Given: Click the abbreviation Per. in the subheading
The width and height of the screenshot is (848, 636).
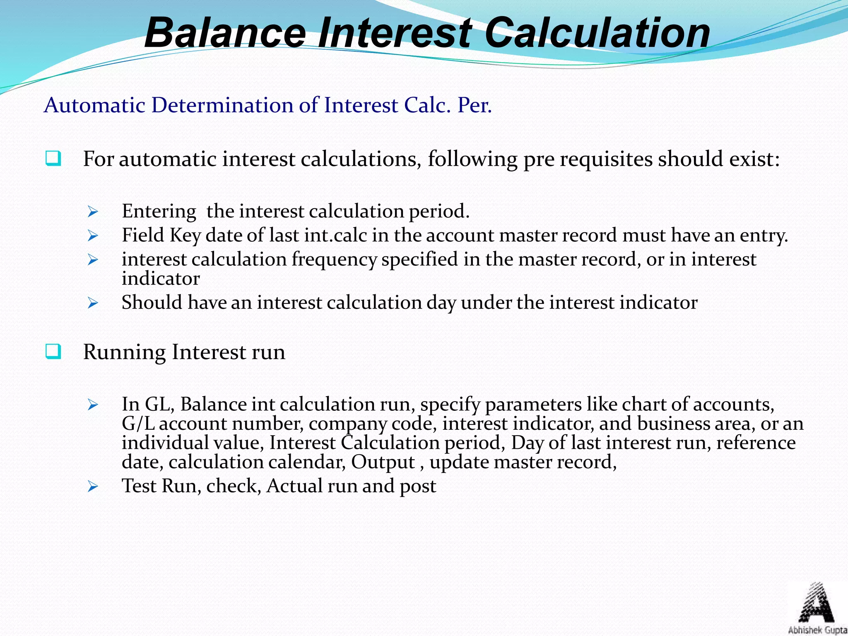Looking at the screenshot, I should [x=475, y=105].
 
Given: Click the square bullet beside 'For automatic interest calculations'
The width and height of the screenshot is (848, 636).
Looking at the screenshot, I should [x=53, y=159].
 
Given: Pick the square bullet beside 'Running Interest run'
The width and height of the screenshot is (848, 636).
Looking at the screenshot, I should [x=53, y=352].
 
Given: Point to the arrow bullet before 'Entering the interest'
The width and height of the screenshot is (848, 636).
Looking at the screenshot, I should [x=93, y=212].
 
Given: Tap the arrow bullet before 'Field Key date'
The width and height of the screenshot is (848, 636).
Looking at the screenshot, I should [x=93, y=236].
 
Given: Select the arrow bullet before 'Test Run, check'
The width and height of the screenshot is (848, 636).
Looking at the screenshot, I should [x=93, y=487].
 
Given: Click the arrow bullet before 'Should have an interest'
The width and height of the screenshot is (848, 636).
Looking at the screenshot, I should [x=93, y=304].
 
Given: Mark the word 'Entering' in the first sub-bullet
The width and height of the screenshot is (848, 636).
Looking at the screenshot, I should [x=159, y=212].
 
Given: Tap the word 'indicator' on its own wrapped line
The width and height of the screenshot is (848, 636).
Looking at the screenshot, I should [x=161, y=279].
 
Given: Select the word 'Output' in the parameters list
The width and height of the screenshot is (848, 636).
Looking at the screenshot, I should [x=383, y=462].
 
